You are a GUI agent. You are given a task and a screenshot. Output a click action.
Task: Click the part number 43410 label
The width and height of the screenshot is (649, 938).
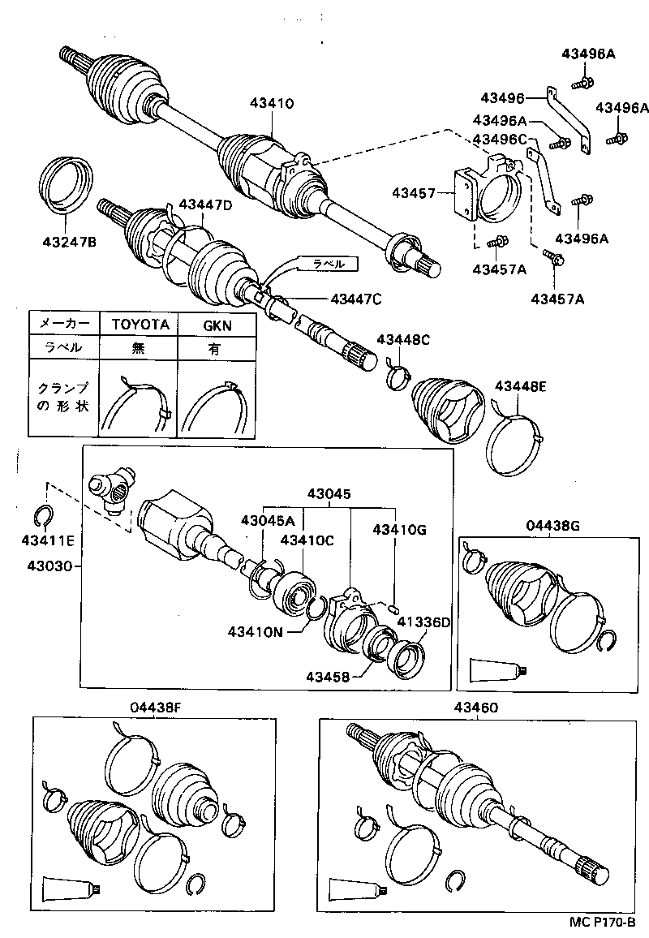coord(272,103)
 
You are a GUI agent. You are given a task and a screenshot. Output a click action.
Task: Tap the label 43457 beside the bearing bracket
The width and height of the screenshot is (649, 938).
coord(413,193)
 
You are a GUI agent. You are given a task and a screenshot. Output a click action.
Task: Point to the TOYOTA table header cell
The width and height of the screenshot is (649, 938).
coord(140,324)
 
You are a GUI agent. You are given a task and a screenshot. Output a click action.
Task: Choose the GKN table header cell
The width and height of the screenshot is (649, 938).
coord(217,324)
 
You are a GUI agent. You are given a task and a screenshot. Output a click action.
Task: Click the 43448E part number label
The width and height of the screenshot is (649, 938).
coord(520,386)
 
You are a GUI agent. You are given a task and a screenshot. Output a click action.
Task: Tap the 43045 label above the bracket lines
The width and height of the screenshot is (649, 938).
coord(329,493)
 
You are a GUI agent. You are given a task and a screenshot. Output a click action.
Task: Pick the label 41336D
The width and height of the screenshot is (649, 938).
coord(422,622)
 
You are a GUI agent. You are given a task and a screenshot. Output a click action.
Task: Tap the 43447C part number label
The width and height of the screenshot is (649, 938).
coord(355,299)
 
